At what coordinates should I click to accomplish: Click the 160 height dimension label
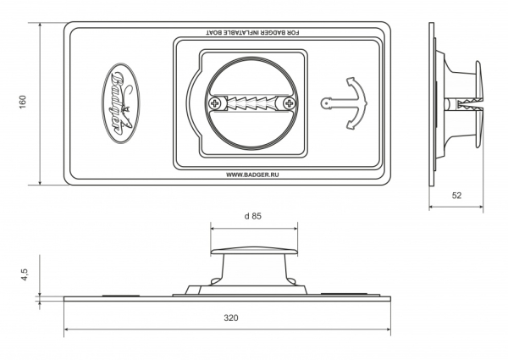click(22, 102)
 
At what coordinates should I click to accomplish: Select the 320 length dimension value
click(230, 318)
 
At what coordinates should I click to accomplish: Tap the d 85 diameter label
click(252, 216)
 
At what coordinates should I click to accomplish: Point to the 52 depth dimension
click(456, 196)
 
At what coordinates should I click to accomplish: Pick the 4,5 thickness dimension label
click(25, 274)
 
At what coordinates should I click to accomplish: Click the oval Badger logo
click(121, 103)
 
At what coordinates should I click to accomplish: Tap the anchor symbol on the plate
click(344, 103)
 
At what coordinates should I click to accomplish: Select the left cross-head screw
click(214, 103)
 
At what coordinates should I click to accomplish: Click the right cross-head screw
click(289, 103)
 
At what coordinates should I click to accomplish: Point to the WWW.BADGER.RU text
click(252, 174)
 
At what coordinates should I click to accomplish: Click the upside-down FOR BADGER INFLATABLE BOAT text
click(252, 33)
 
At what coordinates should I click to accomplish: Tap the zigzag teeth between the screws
click(251, 103)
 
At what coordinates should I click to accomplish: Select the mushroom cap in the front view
click(254, 251)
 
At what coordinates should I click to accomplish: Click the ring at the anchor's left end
click(325, 103)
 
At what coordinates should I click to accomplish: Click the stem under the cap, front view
click(254, 270)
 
